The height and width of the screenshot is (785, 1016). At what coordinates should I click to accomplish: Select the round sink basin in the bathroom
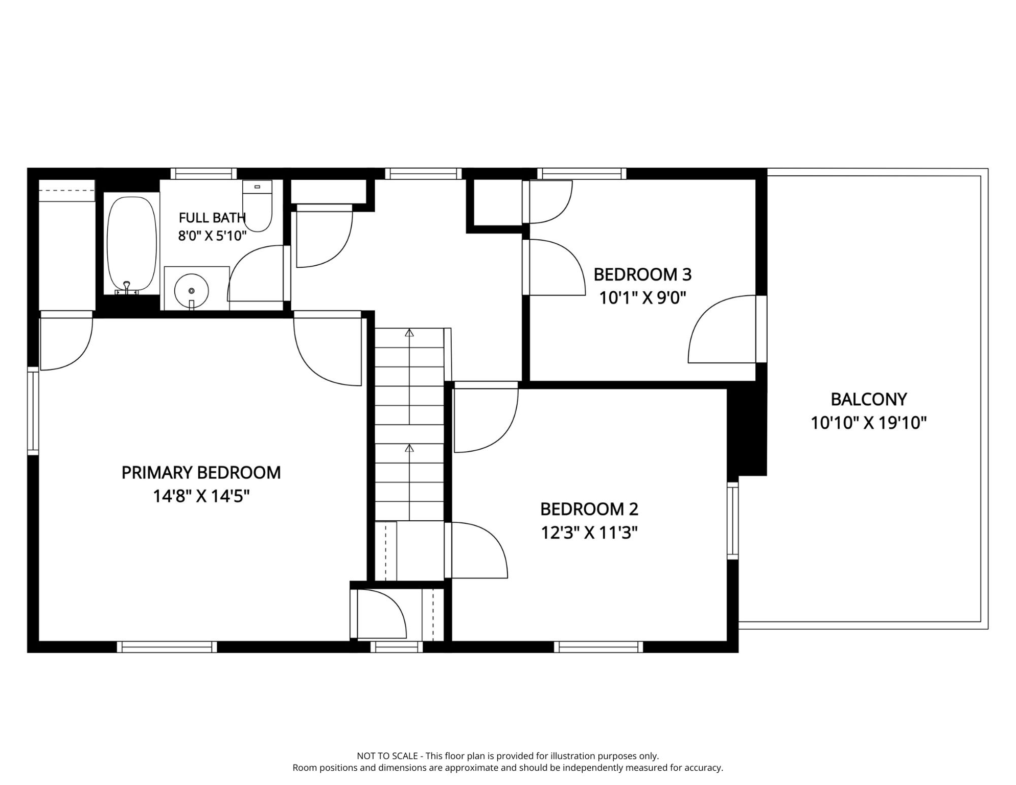coord(192,290)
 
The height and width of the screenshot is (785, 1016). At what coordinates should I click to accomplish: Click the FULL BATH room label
coord(212,218)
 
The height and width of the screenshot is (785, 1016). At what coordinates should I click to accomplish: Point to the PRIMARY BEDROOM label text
coord(201,473)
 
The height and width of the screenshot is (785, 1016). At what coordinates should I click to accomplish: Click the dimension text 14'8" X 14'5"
coord(201,496)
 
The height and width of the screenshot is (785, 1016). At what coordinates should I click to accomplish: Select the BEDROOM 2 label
coord(589,509)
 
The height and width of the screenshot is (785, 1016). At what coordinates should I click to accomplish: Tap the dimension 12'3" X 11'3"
coord(589,533)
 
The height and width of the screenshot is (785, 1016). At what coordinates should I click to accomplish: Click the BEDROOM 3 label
coord(642,274)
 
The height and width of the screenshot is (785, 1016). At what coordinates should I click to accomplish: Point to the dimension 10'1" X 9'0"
coord(642,297)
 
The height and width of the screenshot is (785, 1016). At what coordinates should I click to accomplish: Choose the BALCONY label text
coord(869,399)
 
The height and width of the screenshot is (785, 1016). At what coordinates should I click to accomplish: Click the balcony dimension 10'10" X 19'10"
coord(869,423)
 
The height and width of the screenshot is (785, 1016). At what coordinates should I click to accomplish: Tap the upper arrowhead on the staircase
coord(409,333)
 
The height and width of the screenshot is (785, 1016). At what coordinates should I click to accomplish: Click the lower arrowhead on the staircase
coord(409,448)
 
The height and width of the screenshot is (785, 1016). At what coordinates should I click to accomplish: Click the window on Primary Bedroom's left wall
coord(33,411)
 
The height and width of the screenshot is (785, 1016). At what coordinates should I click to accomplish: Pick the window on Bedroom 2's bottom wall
coord(598,647)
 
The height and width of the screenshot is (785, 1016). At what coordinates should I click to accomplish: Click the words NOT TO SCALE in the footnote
coord(387,756)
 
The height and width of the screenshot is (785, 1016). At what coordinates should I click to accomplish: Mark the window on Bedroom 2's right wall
coord(733,520)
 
